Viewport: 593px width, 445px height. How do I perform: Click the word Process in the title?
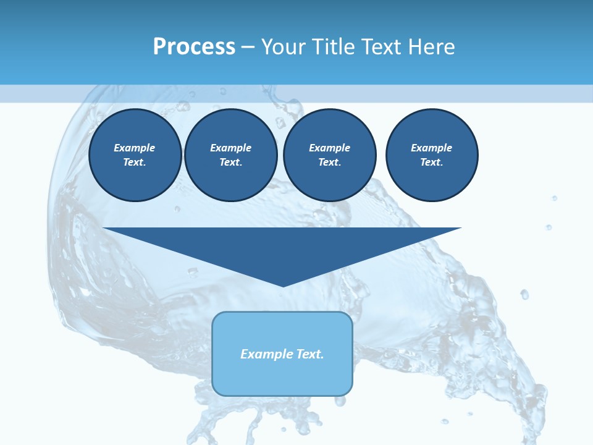pos(194,47)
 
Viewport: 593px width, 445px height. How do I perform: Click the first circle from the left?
pos(135,155)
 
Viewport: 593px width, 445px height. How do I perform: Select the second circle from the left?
pos(230,155)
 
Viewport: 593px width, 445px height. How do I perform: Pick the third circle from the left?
pos(329,155)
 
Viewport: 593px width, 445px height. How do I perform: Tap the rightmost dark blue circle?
pos(431,155)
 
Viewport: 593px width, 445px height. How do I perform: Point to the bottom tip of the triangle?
pos(283,286)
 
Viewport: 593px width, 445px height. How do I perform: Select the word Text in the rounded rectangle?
pos(309,354)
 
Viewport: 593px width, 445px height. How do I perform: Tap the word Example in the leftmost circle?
pos(135,148)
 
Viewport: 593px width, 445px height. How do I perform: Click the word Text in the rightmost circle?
pos(431,163)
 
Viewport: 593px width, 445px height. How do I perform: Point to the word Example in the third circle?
pos(329,148)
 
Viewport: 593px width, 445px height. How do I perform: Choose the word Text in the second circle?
pos(230,163)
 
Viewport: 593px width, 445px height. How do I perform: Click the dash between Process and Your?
pos(248,47)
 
